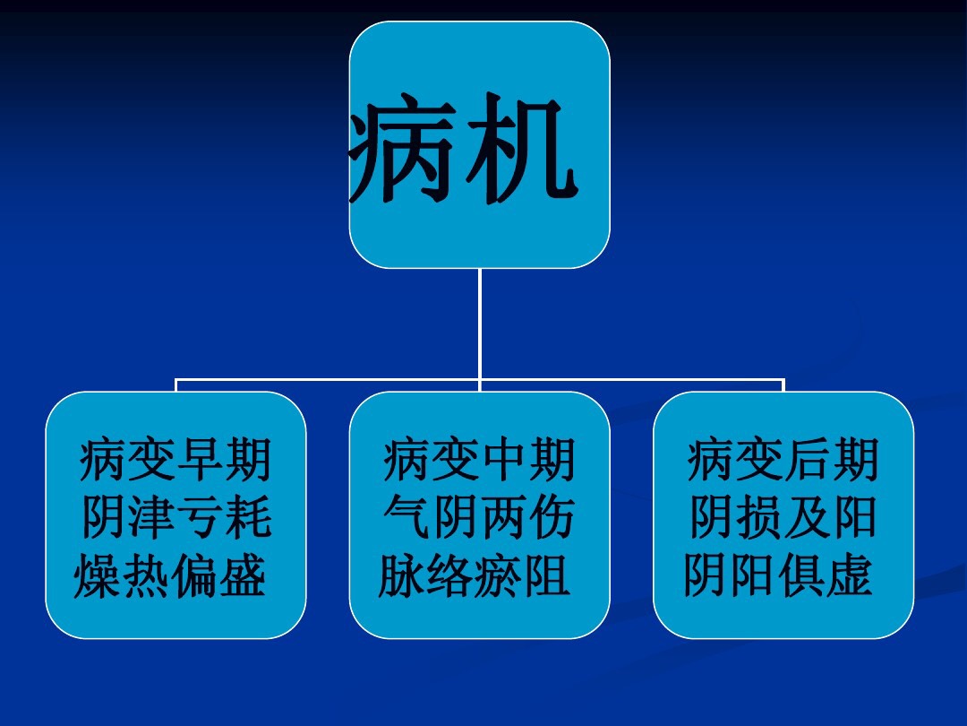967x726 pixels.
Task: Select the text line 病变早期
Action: [x=175, y=461]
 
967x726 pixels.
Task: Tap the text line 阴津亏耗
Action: [x=175, y=519]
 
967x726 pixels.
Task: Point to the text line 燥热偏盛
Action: [x=170, y=576]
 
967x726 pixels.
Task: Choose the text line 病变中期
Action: [x=479, y=461]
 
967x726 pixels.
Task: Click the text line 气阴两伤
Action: [x=479, y=519]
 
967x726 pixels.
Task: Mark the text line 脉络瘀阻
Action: [x=475, y=576]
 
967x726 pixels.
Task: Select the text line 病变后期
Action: [x=783, y=461]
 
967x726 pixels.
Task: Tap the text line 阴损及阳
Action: [x=783, y=519]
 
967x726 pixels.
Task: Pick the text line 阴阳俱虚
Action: [x=778, y=576]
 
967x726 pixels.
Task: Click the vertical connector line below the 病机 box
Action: [x=480, y=323]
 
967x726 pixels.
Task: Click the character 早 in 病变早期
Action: [x=200, y=461]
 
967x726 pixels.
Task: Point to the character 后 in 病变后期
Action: [x=807, y=461]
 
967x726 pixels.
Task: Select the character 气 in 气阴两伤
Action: [x=407, y=519]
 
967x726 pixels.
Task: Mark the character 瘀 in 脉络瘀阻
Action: [x=499, y=576]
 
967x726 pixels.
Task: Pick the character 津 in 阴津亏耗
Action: [x=152, y=519]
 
